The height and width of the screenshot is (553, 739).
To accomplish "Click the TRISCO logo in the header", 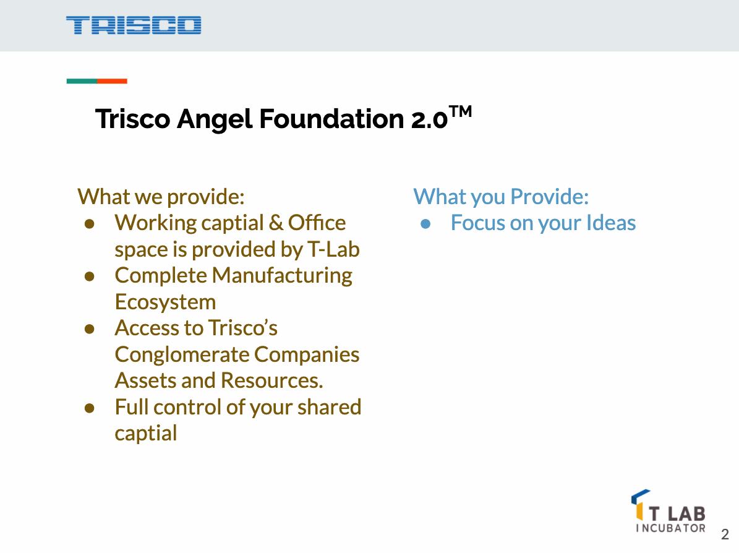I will point(134,25).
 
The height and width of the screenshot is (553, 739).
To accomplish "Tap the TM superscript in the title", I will point(460,112).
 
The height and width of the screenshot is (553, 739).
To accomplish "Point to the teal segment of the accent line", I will point(82,81).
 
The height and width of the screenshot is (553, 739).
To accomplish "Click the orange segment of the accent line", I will point(113,81).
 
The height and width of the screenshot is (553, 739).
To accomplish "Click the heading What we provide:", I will point(161,197).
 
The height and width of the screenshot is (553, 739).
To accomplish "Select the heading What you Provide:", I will point(501,197).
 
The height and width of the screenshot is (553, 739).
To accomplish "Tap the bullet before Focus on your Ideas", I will point(425,223).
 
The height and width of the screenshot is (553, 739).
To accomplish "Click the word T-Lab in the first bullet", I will point(333,249).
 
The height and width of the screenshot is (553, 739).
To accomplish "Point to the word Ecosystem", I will point(165,302).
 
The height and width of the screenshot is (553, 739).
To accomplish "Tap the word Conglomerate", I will point(181,354).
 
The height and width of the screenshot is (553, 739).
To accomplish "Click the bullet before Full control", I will point(89,408).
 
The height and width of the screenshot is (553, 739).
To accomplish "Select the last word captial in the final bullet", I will point(146,433).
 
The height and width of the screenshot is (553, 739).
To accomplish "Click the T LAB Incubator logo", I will point(669,511).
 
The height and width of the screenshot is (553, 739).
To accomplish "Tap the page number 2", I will point(725,534).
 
